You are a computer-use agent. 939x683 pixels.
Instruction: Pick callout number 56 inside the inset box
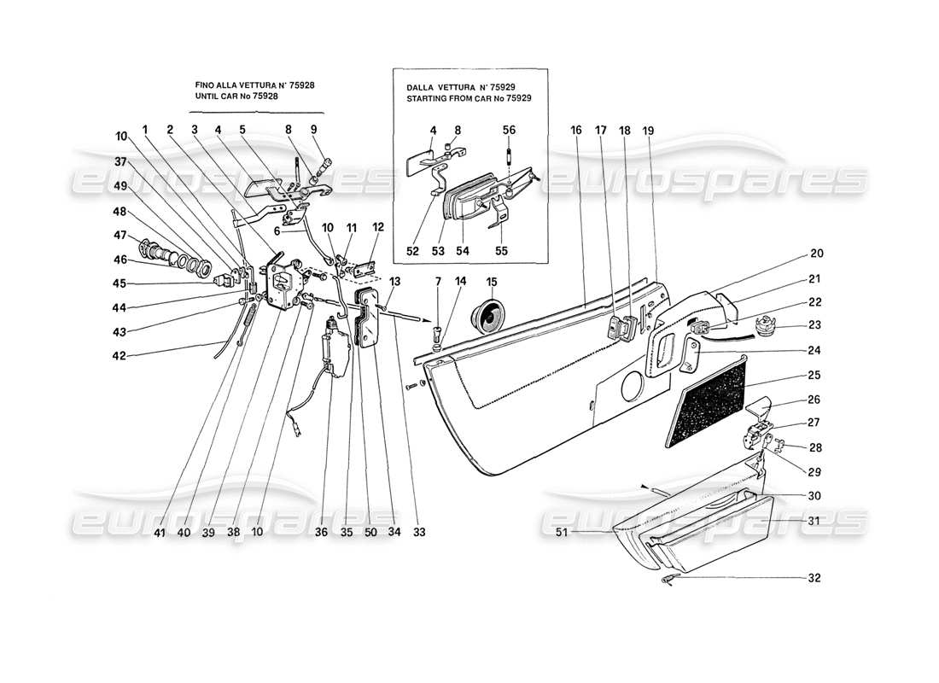tap(509, 131)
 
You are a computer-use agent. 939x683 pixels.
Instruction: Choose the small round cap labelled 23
tap(763, 324)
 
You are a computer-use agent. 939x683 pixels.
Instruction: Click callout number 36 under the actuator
tap(321, 532)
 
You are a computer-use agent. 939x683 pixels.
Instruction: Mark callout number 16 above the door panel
tap(576, 131)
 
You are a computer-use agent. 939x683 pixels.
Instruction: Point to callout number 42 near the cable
tap(120, 356)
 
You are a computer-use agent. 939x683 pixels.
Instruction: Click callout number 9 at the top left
tap(313, 131)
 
